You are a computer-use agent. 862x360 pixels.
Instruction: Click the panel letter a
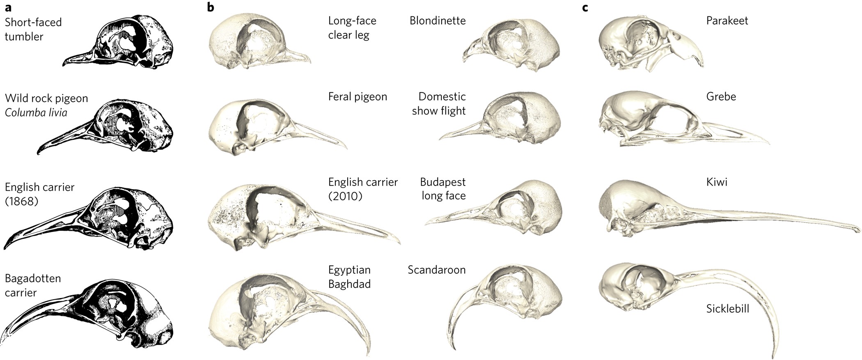(x=8, y=7)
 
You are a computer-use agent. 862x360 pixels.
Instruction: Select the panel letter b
(x=211, y=7)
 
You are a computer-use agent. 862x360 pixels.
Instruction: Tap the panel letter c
(x=585, y=7)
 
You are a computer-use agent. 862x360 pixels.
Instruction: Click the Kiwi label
(x=717, y=182)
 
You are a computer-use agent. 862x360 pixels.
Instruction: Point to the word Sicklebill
(x=727, y=308)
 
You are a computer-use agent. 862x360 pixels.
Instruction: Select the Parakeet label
(x=727, y=21)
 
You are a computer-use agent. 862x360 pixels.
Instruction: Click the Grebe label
(x=721, y=96)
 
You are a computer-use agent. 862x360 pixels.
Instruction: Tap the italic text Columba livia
(x=36, y=112)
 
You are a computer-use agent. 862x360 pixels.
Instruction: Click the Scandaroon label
(x=436, y=270)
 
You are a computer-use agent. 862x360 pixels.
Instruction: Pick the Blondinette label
(x=438, y=21)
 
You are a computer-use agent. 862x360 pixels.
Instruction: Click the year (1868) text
(x=21, y=201)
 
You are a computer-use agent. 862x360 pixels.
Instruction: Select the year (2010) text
(x=345, y=196)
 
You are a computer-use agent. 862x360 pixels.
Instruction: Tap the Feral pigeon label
(x=358, y=96)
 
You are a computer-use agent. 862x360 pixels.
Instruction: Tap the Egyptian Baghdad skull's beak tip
(x=367, y=353)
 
